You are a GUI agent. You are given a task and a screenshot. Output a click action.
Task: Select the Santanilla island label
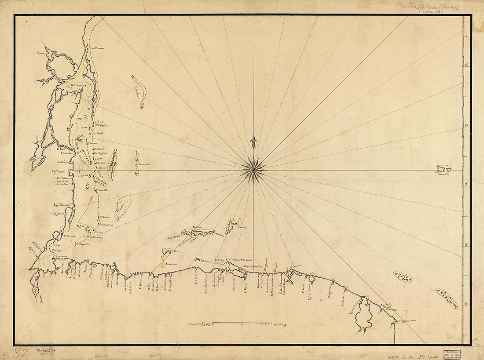(445, 174)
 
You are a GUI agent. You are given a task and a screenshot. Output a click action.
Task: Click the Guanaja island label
(242, 227)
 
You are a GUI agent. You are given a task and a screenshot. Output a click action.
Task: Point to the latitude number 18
(466, 126)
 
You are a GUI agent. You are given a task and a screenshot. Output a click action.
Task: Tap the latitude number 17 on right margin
(466, 185)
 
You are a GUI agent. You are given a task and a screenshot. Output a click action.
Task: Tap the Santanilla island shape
(444, 168)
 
